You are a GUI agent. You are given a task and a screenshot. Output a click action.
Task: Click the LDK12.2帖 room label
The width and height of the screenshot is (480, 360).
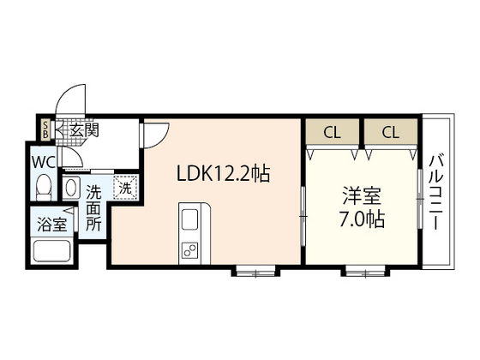pos(223,173)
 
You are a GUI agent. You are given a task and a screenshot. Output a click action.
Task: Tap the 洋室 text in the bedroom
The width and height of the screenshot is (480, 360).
pos(362,195)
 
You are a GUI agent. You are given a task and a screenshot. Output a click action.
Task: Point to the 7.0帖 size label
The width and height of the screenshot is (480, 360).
pos(362,219)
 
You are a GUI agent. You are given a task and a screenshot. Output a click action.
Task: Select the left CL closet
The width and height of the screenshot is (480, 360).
pos(333,131)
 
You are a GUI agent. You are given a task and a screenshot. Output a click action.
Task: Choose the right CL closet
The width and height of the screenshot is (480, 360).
pos(391,131)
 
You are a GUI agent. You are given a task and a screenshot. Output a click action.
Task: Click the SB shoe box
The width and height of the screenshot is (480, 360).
pos(46,129)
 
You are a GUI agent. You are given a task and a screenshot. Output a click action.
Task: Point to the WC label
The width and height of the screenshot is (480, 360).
pos(44,162)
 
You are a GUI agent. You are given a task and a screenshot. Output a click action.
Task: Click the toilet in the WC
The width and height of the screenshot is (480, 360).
pos(44,187)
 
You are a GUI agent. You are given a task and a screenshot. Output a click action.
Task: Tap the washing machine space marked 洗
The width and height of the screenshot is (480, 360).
pos(125,188)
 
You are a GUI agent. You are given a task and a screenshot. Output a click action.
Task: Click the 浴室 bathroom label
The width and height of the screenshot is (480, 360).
pos(51,224)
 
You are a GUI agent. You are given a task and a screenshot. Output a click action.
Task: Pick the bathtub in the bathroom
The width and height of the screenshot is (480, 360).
pos(51,251)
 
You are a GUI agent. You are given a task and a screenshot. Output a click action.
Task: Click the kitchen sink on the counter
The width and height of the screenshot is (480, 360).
pos(189,219)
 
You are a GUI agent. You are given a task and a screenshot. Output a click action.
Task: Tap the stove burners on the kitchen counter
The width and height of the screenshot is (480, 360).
pos(189,249)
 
